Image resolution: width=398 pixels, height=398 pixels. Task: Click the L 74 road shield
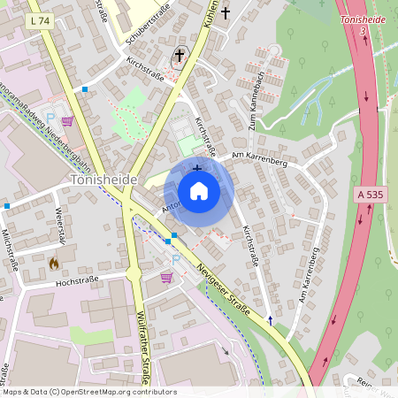click(39, 19)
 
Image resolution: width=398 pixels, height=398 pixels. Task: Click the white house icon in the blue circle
click(199, 191)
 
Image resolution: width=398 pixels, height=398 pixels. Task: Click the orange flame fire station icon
click(53, 263)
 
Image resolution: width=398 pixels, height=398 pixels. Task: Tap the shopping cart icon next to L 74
click(67, 121)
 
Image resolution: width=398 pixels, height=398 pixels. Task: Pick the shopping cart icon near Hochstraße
click(165, 278)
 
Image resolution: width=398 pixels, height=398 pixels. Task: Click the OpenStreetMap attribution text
click(89, 392)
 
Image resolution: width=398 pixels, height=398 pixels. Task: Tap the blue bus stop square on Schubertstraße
click(85, 89)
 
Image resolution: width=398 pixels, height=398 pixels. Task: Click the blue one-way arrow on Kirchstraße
click(271, 318)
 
